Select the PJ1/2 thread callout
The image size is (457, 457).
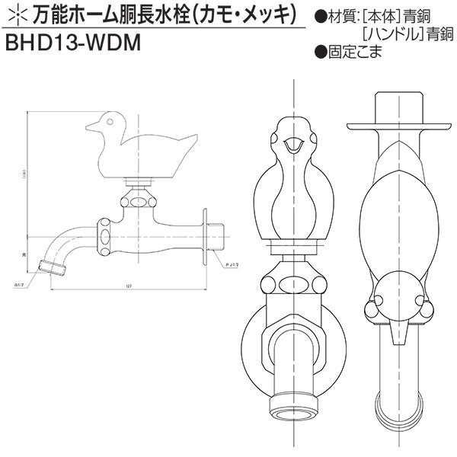click(x=232, y=264)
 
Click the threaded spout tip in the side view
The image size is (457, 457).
click(x=50, y=267)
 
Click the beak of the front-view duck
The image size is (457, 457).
click(x=292, y=143)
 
